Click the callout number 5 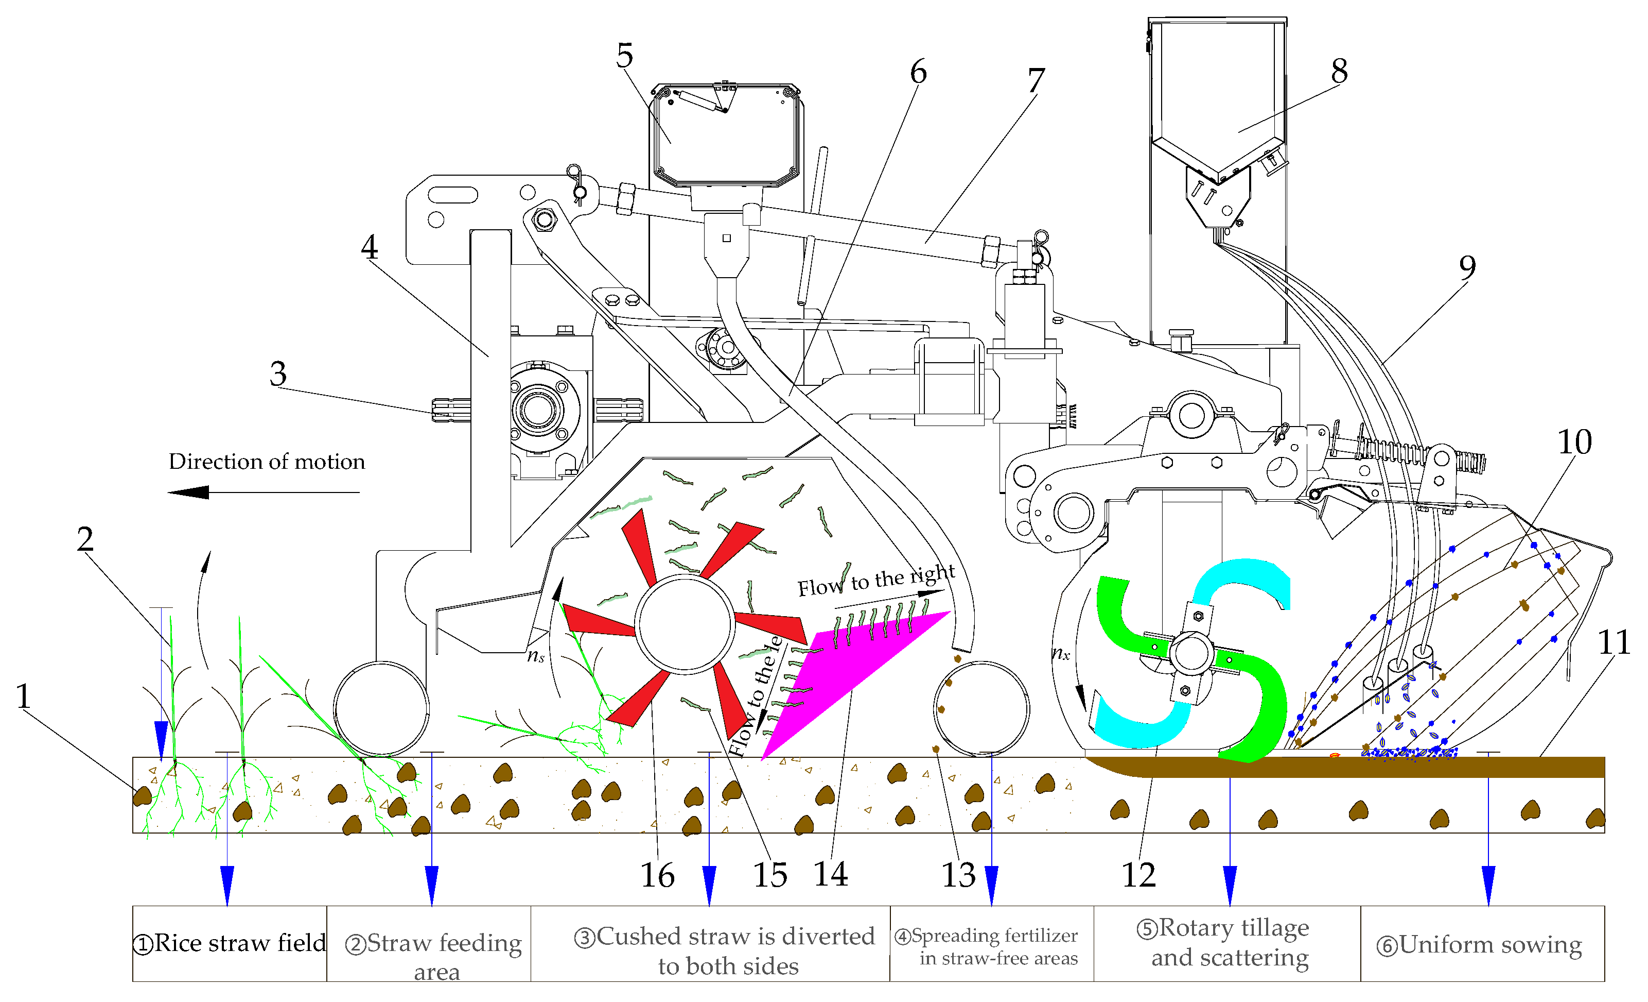(624, 56)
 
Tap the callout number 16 (657, 875)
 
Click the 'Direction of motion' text (266, 462)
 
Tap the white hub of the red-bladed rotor (684, 623)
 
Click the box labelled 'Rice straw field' (230, 943)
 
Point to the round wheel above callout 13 (980, 709)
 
